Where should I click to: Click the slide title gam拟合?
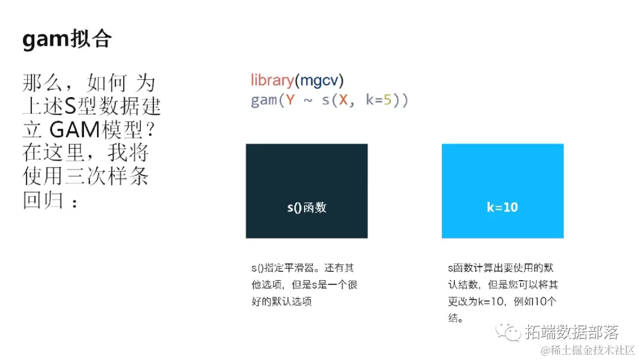click(67, 39)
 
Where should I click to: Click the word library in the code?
click(272, 81)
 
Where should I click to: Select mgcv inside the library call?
click(319, 81)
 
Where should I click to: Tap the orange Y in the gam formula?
click(290, 99)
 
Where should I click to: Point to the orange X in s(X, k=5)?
click(343, 99)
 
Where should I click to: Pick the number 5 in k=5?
click(388, 99)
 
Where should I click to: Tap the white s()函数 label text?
click(306, 207)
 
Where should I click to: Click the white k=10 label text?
click(502, 207)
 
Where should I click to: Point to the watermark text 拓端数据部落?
click(572, 332)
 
